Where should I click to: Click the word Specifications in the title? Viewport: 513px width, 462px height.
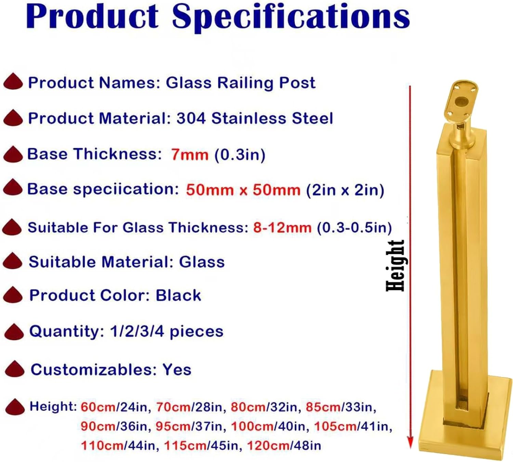(x=291, y=17)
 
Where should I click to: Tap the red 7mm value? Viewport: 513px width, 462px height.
(x=190, y=155)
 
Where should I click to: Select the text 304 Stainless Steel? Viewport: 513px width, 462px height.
(x=254, y=119)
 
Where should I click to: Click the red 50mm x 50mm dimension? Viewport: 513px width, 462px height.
(x=243, y=190)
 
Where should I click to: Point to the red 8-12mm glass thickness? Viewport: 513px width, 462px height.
(x=282, y=228)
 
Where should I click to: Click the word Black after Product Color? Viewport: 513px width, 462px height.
(x=178, y=295)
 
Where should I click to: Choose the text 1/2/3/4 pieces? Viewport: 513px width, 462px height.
(x=167, y=331)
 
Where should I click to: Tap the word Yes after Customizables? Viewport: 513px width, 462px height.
(x=177, y=370)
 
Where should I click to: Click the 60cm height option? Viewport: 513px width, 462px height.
(x=98, y=407)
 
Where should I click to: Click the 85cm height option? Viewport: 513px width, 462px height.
(x=323, y=407)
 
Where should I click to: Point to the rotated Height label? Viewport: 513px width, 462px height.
(x=395, y=266)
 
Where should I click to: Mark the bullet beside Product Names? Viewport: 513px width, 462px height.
(x=13, y=82)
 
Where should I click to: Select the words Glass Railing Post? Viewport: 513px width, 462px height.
(x=240, y=83)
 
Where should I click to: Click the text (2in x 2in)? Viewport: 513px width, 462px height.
(x=345, y=190)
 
